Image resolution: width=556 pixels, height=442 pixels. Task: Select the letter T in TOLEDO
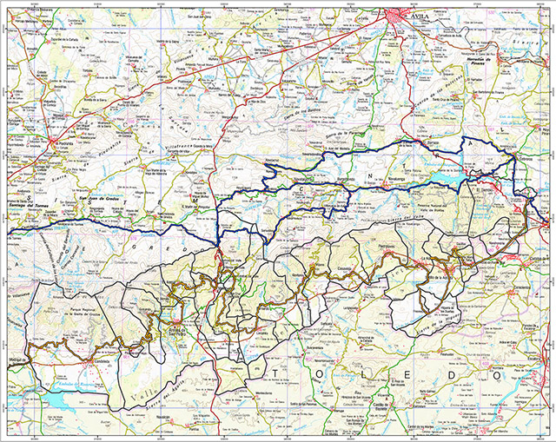pos(276,375)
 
